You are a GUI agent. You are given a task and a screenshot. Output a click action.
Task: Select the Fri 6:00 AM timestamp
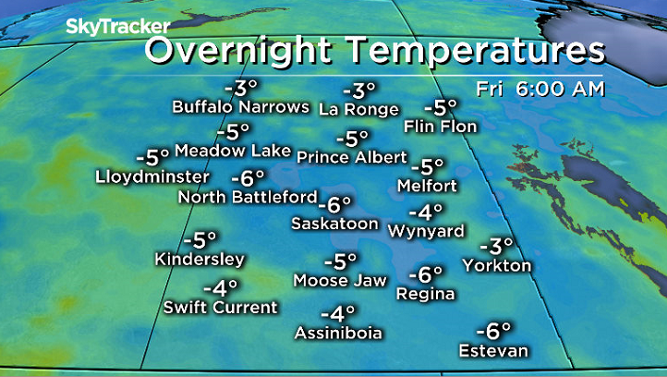coord(540,90)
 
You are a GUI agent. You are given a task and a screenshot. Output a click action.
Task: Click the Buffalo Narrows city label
coord(240,107)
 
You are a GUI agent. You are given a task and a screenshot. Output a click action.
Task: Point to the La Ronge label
coord(359,109)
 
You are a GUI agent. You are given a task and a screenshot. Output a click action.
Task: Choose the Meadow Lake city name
coord(233,150)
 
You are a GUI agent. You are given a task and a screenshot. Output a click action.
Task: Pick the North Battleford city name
coord(247,196)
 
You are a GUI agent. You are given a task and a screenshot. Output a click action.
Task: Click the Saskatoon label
coord(334,224)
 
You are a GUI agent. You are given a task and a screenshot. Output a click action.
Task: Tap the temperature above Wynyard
coord(431,212)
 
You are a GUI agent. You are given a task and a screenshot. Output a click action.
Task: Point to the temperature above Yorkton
coord(496,247)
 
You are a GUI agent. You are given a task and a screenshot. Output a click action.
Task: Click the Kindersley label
coord(200,259)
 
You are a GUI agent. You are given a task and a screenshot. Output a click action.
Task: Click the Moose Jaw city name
coord(333,280)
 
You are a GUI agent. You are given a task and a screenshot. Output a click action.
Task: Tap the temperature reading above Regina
coord(426,274)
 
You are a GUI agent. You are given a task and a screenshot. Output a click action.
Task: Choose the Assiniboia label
coord(338,332)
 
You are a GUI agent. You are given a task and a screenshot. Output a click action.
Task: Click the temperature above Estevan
coord(494,331)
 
